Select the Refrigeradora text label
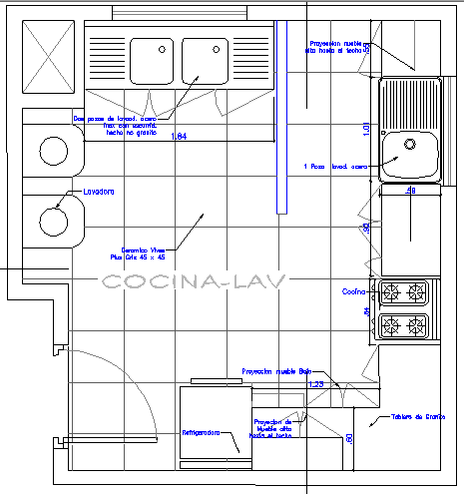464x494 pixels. [203, 434]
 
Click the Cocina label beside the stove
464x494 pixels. [355, 292]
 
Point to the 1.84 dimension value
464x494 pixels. [179, 136]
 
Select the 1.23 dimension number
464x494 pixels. [315, 384]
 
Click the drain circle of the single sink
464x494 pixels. [410, 144]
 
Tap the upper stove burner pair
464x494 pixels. [403, 292]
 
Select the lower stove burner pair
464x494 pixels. [403, 325]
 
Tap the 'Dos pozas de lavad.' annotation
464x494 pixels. [113, 124]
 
